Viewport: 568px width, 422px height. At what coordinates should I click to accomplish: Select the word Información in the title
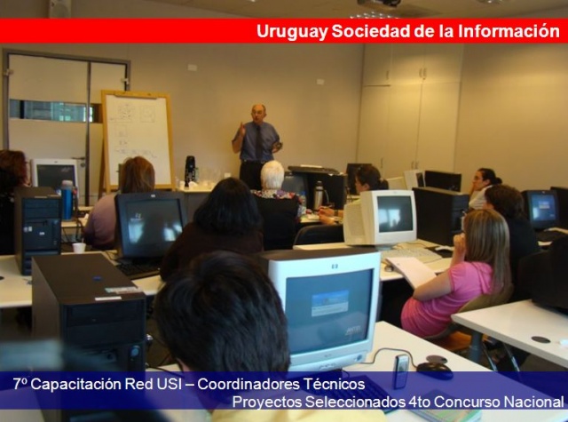pos(509,30)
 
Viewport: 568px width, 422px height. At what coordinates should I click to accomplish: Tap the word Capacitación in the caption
pos(76,385)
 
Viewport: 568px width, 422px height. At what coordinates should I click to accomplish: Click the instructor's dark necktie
pos(258,142)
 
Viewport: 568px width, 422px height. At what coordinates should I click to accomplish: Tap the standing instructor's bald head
pos(258,110)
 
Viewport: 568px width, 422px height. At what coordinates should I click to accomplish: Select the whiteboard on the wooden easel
pos(138,139)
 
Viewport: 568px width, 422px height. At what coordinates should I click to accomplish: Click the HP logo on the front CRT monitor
pos(335,267)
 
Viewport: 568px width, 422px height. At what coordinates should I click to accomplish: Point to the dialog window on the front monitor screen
pos(330,303)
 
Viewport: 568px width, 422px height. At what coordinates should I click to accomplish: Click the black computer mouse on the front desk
pos(434,370)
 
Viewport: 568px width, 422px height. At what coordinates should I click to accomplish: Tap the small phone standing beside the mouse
pos(401,370)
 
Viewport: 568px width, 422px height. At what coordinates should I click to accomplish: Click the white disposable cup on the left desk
pos(79,248)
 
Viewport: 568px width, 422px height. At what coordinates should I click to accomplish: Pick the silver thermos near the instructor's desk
pos(318,195)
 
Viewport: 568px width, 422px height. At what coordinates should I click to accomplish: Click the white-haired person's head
pos(272,175)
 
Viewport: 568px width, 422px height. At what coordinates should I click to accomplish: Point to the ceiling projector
pos(380,3)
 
